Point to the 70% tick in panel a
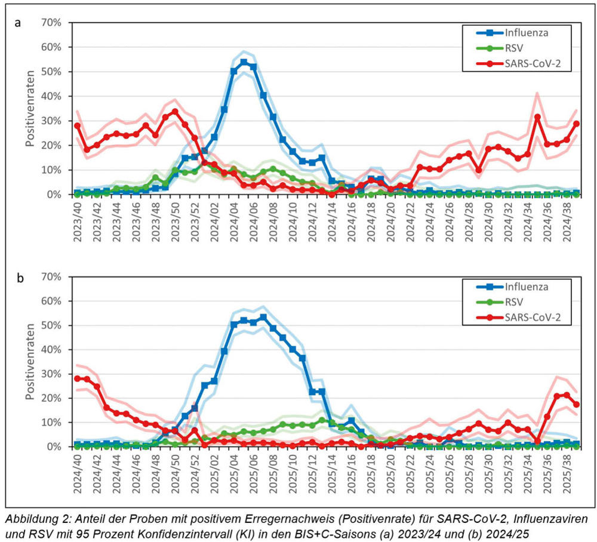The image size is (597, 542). coord(51,23)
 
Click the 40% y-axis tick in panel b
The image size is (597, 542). coord(51,350)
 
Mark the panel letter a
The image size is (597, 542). coord(18,23)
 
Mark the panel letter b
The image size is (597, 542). coord(18,278)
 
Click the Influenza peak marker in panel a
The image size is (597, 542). coord(244,62)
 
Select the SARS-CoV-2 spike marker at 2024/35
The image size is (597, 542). coord(537,116)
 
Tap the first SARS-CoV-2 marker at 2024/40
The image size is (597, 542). coord(78,378)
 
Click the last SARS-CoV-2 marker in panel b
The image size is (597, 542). coord(576,404)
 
